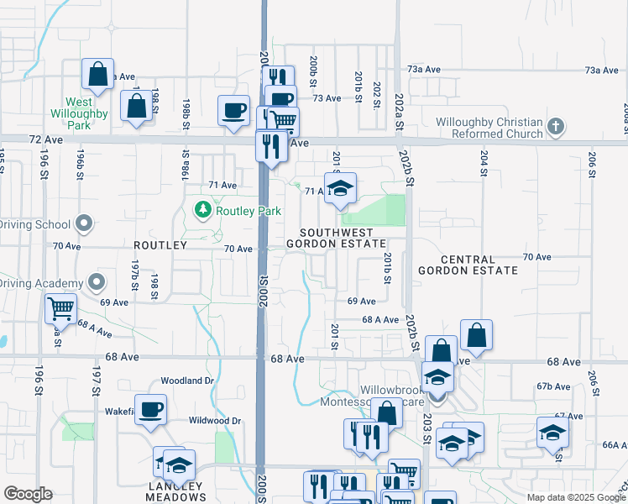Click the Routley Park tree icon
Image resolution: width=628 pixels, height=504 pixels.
(201, 210)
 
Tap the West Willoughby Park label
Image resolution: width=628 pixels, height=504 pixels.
(68, 113)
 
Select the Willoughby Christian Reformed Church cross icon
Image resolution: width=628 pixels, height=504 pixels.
(554, 128)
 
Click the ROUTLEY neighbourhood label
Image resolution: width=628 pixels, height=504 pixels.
(160, 244)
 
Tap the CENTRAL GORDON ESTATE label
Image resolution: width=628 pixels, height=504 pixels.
(468, 265)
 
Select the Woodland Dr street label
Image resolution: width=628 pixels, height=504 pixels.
(187, 381)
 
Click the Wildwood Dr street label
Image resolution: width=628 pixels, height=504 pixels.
(215, 420)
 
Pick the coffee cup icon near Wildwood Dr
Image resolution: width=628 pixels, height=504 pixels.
(151, 409)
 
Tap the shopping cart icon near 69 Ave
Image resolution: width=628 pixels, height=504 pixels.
(60, 308)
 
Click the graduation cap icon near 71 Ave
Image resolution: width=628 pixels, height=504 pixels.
(340, 188)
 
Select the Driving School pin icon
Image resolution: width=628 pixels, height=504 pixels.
(82, 223)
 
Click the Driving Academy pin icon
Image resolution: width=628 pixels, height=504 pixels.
(97, 282)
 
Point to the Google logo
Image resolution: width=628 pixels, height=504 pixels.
(29, 494)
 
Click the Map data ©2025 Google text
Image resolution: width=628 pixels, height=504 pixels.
(575, 497)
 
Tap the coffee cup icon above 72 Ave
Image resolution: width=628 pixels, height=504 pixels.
(234, 110)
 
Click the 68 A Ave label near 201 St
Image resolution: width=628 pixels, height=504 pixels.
(380, 319)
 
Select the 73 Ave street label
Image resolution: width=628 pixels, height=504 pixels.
(327, 98)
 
